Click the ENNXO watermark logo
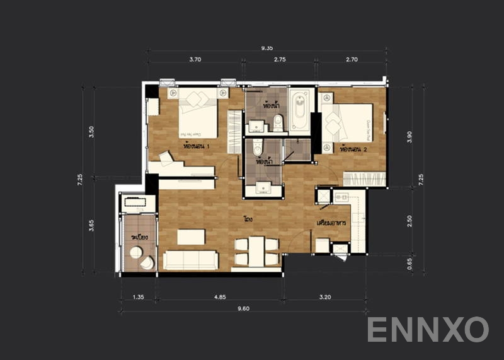(x=428, y=329)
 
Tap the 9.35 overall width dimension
(x=267, y=47)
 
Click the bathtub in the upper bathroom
(x=299, y=110)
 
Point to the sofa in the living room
(x=190, y=260)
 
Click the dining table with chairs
(x=256, y=251)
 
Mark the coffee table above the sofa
(x=191, y=236)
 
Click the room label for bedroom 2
(x=353, y=150)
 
